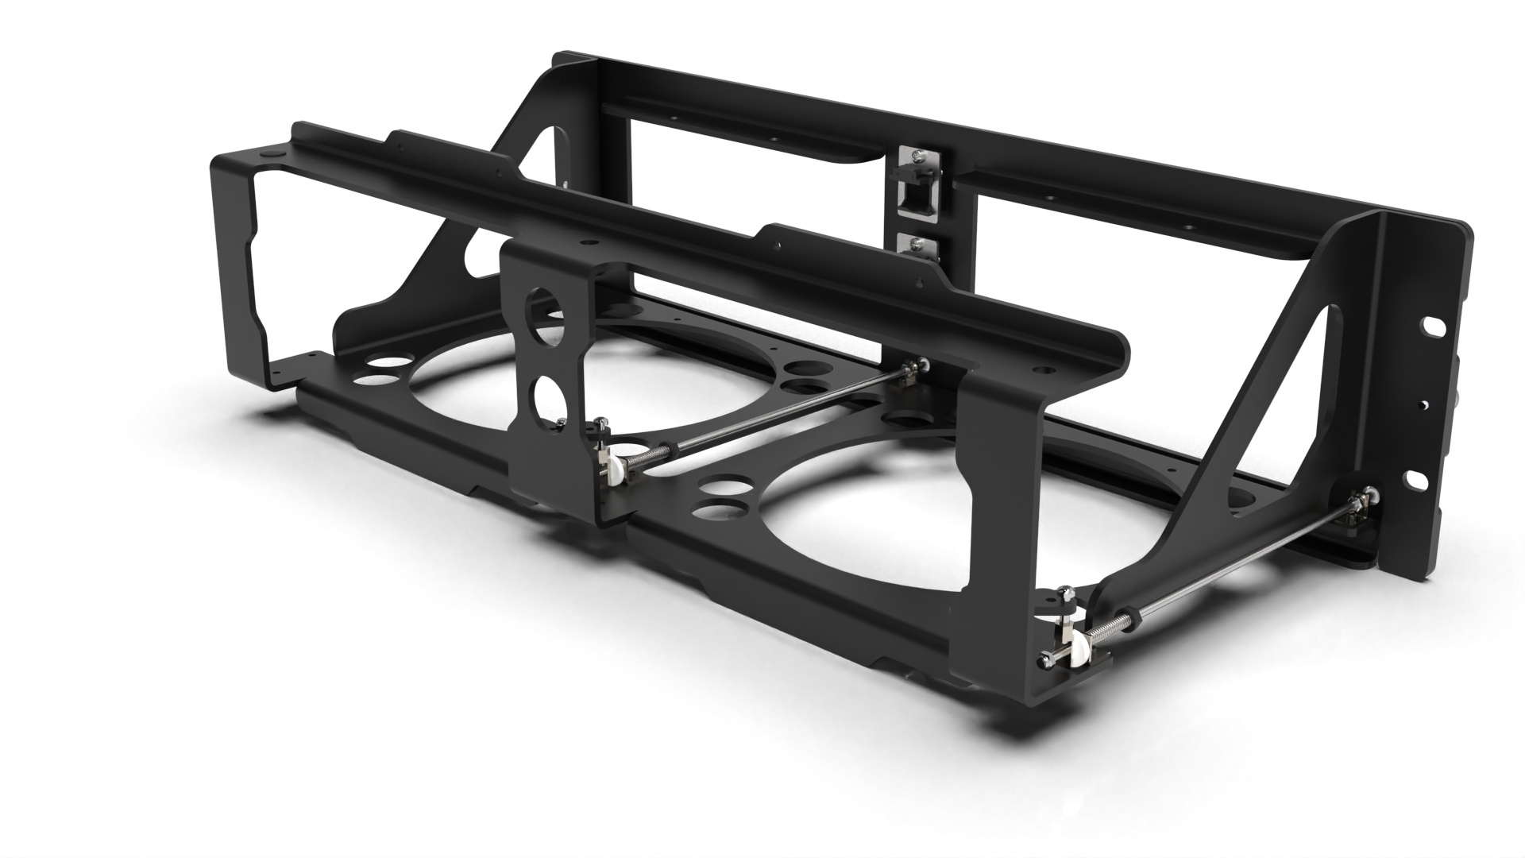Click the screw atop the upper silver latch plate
pos(917,158)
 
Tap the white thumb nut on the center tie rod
pos(612,473)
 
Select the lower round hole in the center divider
pos(547,395)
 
